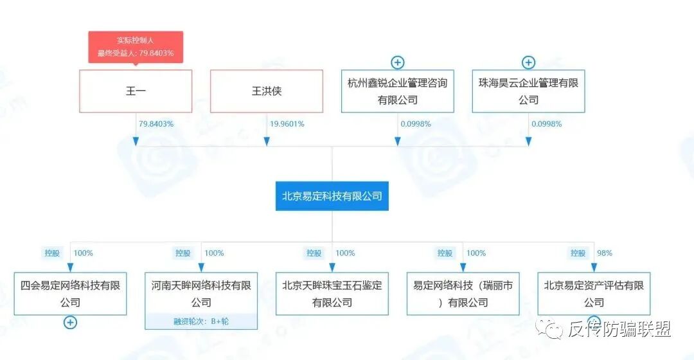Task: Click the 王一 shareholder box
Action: coord(136,91)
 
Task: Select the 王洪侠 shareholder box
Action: coord(267,91)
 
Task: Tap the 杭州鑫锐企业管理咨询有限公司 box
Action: coord(397,91)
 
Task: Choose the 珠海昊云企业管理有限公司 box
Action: coord(528,91)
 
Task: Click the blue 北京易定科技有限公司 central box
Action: coord(332,195)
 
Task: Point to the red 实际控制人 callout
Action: coord(136,47)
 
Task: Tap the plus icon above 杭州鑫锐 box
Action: coord(398,62)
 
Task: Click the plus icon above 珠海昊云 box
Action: coord(528,62)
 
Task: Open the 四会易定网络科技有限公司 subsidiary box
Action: coord(70,293)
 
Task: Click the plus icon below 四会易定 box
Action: coord(70,323)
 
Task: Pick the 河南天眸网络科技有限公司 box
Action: coord(201,293)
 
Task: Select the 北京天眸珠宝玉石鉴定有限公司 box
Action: coord(332,293)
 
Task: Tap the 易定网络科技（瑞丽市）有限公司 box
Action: coord(463,293)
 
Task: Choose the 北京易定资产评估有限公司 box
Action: coord(594,293)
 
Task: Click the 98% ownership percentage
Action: coord(605,253)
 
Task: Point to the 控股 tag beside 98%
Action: coord(576,253)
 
